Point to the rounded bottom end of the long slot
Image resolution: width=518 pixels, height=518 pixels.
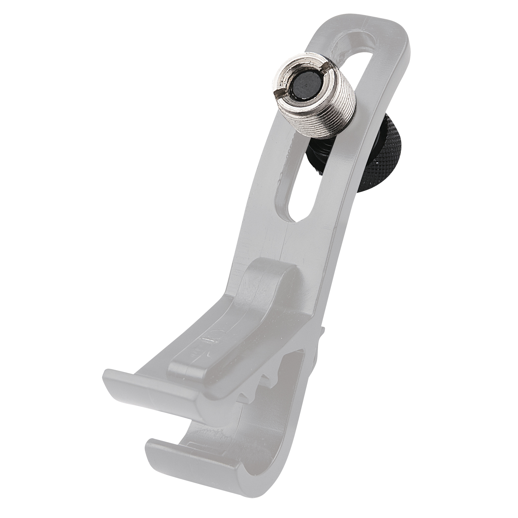pyautogui.click(x=292, y=217)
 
